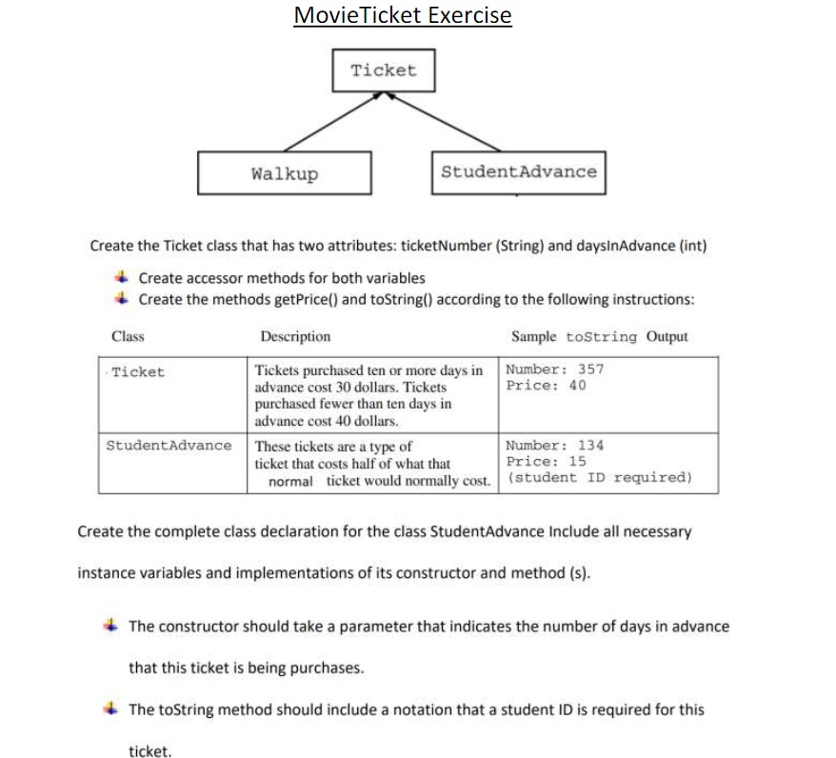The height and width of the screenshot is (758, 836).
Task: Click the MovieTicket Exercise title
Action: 403,15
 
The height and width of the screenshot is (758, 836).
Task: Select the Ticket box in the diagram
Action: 383,70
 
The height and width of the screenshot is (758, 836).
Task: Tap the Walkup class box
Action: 285,173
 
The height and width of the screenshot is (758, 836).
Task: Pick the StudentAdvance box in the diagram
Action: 518,172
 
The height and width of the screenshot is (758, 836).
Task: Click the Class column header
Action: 128,336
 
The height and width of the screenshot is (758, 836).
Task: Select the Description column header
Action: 295,336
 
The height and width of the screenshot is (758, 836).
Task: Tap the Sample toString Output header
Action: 599,336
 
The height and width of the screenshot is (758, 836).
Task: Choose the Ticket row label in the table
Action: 138,372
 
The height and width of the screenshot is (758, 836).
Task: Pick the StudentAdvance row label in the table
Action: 169,446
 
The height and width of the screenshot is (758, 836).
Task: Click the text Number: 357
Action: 555,369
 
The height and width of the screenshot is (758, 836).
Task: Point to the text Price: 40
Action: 547,386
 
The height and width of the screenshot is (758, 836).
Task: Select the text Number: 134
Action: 555,445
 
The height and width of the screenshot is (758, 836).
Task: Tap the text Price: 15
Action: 547,461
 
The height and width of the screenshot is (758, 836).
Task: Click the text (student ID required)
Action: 600,477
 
